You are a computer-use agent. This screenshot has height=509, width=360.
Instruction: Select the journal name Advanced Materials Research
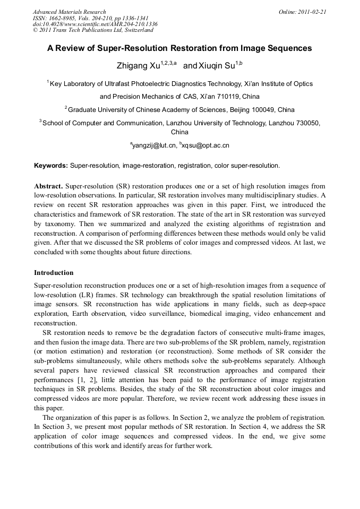pyautogui.click(x=69, y=12)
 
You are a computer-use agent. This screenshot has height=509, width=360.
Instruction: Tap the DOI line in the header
pyautogui.click(x=95, y=24)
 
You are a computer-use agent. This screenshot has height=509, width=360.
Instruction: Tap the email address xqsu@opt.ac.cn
pyautogui.click(x=205, y=145)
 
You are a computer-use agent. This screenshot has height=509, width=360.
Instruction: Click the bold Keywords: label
pyautogui.click(x=51, y=166)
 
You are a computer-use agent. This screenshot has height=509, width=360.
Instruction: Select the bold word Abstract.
pyautogui.click(x=48, y=186)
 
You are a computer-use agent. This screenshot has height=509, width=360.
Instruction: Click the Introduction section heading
pyautogui.click(x=54, y=273)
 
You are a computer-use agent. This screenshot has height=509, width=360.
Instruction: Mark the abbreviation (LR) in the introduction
pyautogui.click(x=116, y=295)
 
